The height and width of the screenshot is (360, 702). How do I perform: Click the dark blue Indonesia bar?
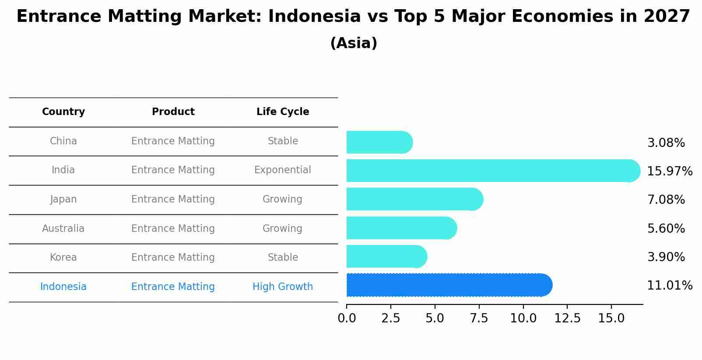[x=449, y=285]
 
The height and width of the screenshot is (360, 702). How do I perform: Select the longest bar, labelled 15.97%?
[x=493, y=171]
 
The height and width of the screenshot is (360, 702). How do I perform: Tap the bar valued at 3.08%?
[x=379, y=142]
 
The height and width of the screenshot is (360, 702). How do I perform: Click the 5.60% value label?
[x=666, y=228]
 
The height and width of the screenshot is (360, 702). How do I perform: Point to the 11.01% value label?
[x=669, y=286]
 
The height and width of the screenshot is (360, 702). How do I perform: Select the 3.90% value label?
[x=666, y=257]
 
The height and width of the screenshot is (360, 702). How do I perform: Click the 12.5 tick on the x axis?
[x=567, y=318]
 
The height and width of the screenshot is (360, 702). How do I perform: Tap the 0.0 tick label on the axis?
[x=347, y=318]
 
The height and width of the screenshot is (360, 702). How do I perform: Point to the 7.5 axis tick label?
[x=479, y=318]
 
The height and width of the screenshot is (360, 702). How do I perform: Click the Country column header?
[x=63, y=112]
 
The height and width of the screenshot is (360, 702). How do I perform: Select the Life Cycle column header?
[x=283, y=112]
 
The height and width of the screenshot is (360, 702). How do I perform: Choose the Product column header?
[x=173, y=112]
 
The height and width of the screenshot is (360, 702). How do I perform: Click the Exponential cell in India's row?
[x=283, y=170]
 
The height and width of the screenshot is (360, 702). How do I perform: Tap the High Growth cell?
[x=283, y=287]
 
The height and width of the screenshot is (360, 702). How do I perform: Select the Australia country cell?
[x=63, y=228]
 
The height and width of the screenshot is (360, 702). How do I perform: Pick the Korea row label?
[x=63, y=257]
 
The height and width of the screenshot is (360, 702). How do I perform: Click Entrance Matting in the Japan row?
[x=173, y=199]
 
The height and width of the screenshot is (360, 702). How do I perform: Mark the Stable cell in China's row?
[x=283, y=141]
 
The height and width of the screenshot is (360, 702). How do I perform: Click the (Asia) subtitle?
[x=354, y=43]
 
